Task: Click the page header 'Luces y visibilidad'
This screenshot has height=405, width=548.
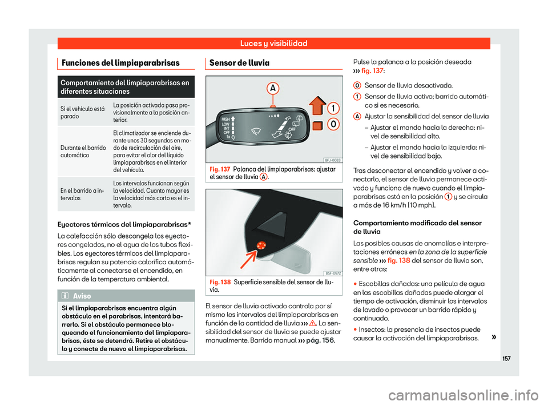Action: [x=273, y=43]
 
